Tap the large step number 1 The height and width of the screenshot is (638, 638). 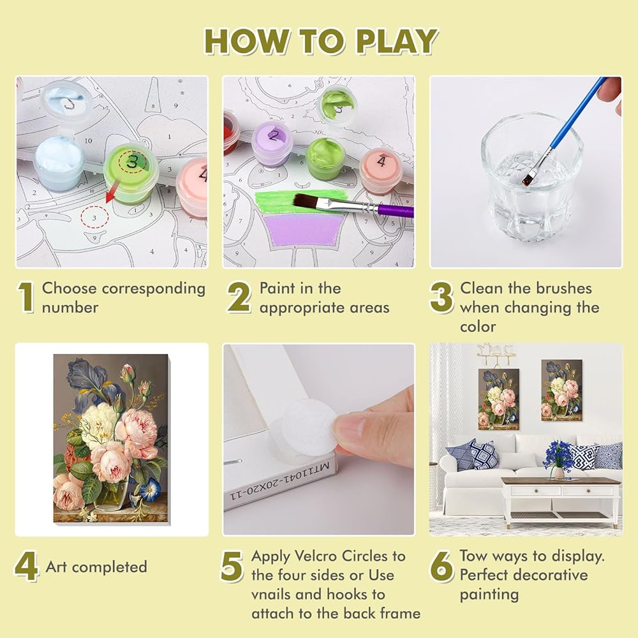tap(26, 298)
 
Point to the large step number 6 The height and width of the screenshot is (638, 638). tap(441, 567)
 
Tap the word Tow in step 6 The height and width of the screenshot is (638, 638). tap(473, 556)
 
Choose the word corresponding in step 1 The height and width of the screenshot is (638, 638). tap(153, 289)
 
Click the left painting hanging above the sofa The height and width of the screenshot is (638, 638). tap(498, 399)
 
